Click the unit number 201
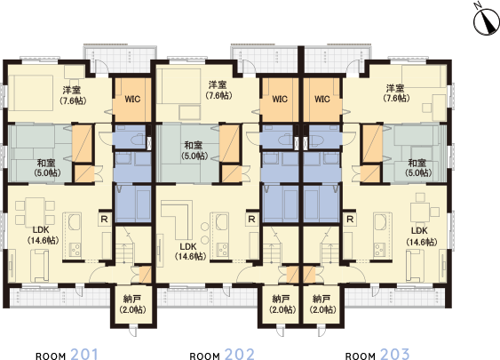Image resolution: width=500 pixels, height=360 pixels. click(x=83, y=354)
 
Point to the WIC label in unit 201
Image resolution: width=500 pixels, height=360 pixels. click(x=133, y=98)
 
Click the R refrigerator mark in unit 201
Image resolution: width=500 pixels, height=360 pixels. click(x=104, y=218)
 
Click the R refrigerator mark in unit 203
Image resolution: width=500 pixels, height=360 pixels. click(x=350, y=218)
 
